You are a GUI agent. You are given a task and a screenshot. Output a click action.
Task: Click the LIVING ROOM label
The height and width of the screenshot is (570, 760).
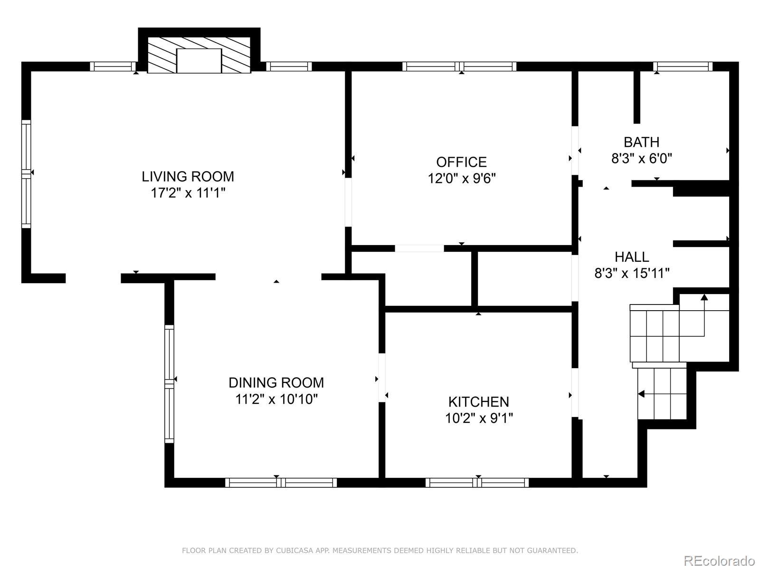[x=188, y=177]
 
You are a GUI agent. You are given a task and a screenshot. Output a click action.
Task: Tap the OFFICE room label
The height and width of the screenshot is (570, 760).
[x=461, y=162]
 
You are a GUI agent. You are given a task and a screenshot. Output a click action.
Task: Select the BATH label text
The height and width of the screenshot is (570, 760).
[x=641, y=142]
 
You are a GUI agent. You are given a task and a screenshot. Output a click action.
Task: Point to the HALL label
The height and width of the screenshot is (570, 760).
[x=632, y=257]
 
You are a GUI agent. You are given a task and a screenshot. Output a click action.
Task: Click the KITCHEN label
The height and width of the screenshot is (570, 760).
[x=478, y=402]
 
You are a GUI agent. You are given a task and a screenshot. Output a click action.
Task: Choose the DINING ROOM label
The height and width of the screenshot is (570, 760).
[x=276, y=383]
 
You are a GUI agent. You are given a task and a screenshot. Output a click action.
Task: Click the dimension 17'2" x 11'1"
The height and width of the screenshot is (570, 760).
[x=188, y=193]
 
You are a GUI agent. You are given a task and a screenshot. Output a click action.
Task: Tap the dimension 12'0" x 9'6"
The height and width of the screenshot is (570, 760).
[x=462, y=179]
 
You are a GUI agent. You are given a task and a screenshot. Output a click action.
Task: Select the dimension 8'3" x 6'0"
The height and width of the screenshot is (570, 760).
[x=642, y=159]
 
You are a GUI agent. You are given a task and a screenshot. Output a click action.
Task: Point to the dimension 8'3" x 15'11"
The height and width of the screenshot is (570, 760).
[x=632, y=274]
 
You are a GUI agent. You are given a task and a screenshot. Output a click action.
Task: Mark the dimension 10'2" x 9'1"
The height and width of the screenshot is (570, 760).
[x=479, y=418]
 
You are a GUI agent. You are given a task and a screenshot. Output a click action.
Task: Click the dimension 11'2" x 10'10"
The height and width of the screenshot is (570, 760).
[x=276, y=399]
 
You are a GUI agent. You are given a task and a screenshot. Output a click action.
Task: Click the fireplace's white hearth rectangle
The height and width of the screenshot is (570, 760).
[x=199, y=61]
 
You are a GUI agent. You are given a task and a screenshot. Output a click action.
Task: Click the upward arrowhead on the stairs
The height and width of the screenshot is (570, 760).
[x=704, y=297]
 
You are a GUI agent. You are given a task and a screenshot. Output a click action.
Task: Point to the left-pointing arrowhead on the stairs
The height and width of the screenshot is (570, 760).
[x=641, y=394]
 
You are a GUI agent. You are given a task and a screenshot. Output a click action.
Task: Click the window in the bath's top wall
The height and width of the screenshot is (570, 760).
[x=683, y=66]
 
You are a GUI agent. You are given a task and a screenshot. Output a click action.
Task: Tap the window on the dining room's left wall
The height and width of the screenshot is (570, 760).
[x=169, y=384]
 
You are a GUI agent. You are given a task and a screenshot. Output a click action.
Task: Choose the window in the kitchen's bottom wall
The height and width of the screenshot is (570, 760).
[x=477, y=483]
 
